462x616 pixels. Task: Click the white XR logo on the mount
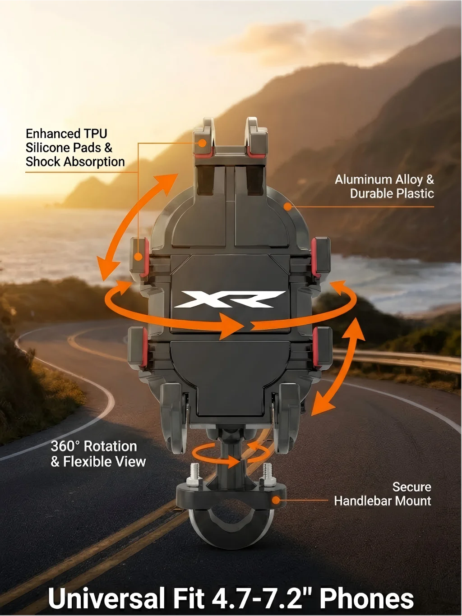(x=230, y=299)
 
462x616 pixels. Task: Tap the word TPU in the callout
(x=95, y=134)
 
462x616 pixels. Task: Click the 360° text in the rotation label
(x=65, y=446)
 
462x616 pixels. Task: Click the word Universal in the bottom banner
(x=106, y=599)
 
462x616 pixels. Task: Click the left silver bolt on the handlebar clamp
(x=195, y=474)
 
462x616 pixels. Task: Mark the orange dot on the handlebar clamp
(x=276, y=500)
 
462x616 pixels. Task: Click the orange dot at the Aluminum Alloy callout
(x=287, y=207)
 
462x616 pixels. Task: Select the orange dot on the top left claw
(x=203, y=143)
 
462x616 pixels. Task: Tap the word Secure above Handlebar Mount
(x=411, y=487)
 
